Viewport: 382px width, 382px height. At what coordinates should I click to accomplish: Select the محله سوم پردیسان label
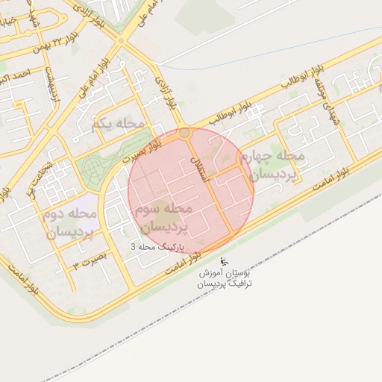(165, 217)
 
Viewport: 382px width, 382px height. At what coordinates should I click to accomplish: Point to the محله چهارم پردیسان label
(275, 165)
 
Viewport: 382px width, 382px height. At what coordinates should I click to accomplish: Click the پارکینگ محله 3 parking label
(156, 246)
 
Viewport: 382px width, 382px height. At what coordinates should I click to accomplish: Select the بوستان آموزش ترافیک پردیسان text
(225, 279)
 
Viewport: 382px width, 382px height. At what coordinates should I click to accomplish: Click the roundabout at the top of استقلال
(184, 133)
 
